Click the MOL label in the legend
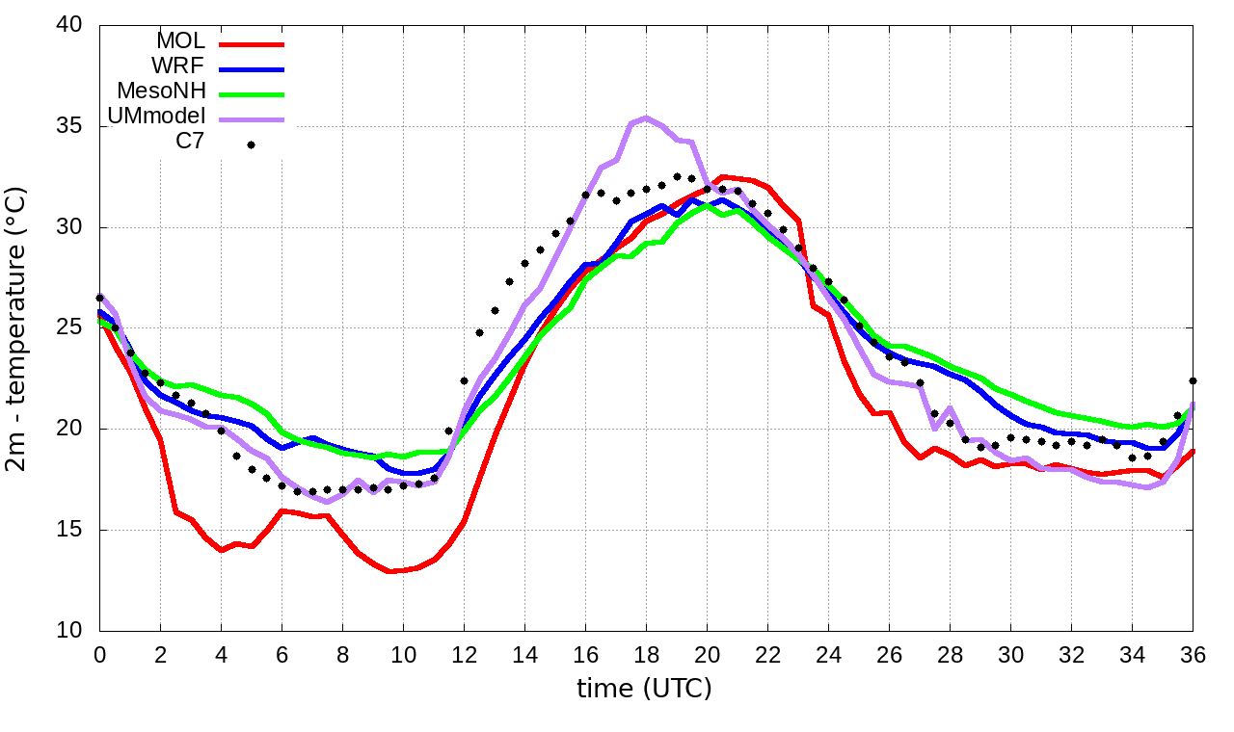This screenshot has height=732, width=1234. click(180, 41)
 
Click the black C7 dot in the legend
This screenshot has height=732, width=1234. click(251, 145)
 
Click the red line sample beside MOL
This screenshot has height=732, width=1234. click(252, 43)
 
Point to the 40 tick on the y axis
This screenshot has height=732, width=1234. click(68, 26)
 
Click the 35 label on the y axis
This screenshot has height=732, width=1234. click(68, 127)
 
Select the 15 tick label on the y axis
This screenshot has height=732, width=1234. click(68, 530)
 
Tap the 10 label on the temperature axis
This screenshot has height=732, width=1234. click(68, 631)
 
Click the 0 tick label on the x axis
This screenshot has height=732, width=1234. click(99, 654)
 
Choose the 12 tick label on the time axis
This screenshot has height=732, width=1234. click(464, 654)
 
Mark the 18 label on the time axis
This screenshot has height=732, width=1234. click(646, 654)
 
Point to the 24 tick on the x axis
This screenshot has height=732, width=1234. click(828, 654)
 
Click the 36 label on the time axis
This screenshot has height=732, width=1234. click(1193, 654)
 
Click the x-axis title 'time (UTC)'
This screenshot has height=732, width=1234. click(644, 689)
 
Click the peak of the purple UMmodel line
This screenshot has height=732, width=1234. click(646, 118)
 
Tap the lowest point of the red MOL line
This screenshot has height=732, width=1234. click(389, 571)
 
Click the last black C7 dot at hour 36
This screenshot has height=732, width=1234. click(1193, 381)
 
